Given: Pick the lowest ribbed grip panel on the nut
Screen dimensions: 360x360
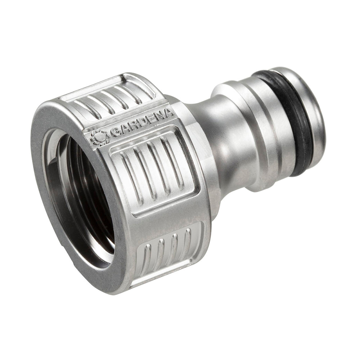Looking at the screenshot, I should point(169,252).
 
